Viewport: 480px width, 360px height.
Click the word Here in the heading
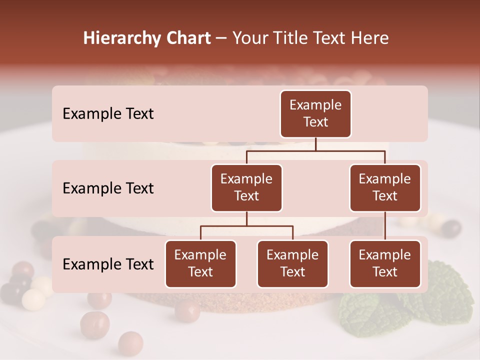click(x=369, y=38)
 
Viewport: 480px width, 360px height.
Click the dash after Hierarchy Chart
click(x=221, y=39)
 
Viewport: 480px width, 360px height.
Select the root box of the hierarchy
click(x=315, y=114)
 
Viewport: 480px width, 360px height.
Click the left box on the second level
click(x=246, y=187)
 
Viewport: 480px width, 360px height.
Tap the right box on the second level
click(x=385, y=187)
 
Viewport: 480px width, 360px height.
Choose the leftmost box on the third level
click(x=200, y=263)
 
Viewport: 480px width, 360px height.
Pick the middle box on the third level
click(x=292, y=263)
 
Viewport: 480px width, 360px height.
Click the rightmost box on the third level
click(x=385, y=263)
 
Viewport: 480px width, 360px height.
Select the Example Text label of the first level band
click(x=108, y=114)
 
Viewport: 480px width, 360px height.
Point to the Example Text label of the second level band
click(x=108, y=188)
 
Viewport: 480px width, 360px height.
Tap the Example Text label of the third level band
click(x=108, y=264)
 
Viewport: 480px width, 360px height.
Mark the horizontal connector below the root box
click(x=315, y=150)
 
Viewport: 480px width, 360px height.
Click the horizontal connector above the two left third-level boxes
click(x=246, y=226)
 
